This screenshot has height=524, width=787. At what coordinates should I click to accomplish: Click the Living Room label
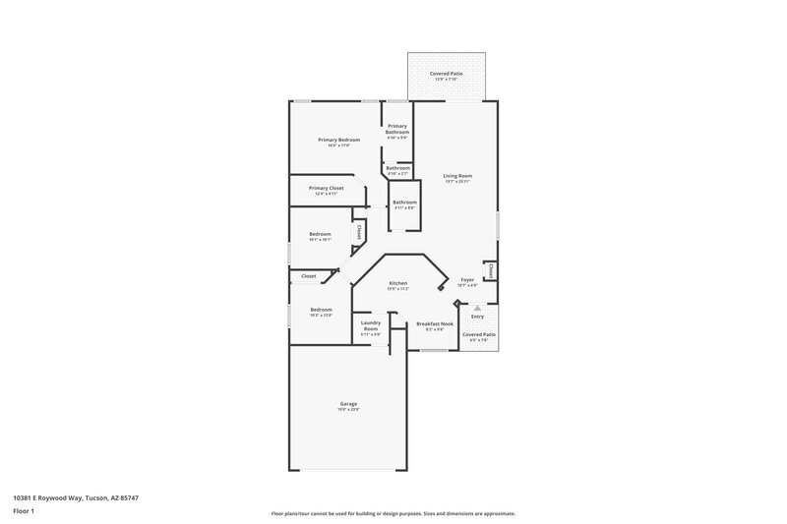pos(457,176)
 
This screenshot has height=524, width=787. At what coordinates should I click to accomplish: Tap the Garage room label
pos(348,403)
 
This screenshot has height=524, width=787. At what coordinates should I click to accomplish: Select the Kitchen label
pos(397,283)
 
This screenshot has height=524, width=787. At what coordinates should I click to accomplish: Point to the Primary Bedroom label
pos(338,140)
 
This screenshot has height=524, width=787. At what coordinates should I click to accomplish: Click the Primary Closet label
pos(326,188)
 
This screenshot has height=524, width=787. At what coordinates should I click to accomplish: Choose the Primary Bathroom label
pos(397,129)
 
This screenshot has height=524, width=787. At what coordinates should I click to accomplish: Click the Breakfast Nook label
pos(434,323)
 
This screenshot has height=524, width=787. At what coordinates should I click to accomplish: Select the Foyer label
pos(467,280)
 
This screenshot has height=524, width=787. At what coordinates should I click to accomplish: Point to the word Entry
pos(478,317)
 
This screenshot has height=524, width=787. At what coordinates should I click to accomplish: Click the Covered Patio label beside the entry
pos(479,334)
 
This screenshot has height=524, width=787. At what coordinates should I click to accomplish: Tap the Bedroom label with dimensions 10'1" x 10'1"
pos(321,234)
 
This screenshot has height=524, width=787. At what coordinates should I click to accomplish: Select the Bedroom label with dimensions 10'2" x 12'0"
pos(321,310)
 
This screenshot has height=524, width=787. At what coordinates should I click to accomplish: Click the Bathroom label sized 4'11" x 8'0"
pos(404,203)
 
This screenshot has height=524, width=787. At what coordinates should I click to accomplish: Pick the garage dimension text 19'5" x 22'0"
pos(348,409)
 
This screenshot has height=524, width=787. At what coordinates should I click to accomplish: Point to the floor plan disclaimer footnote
pos(393,513)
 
